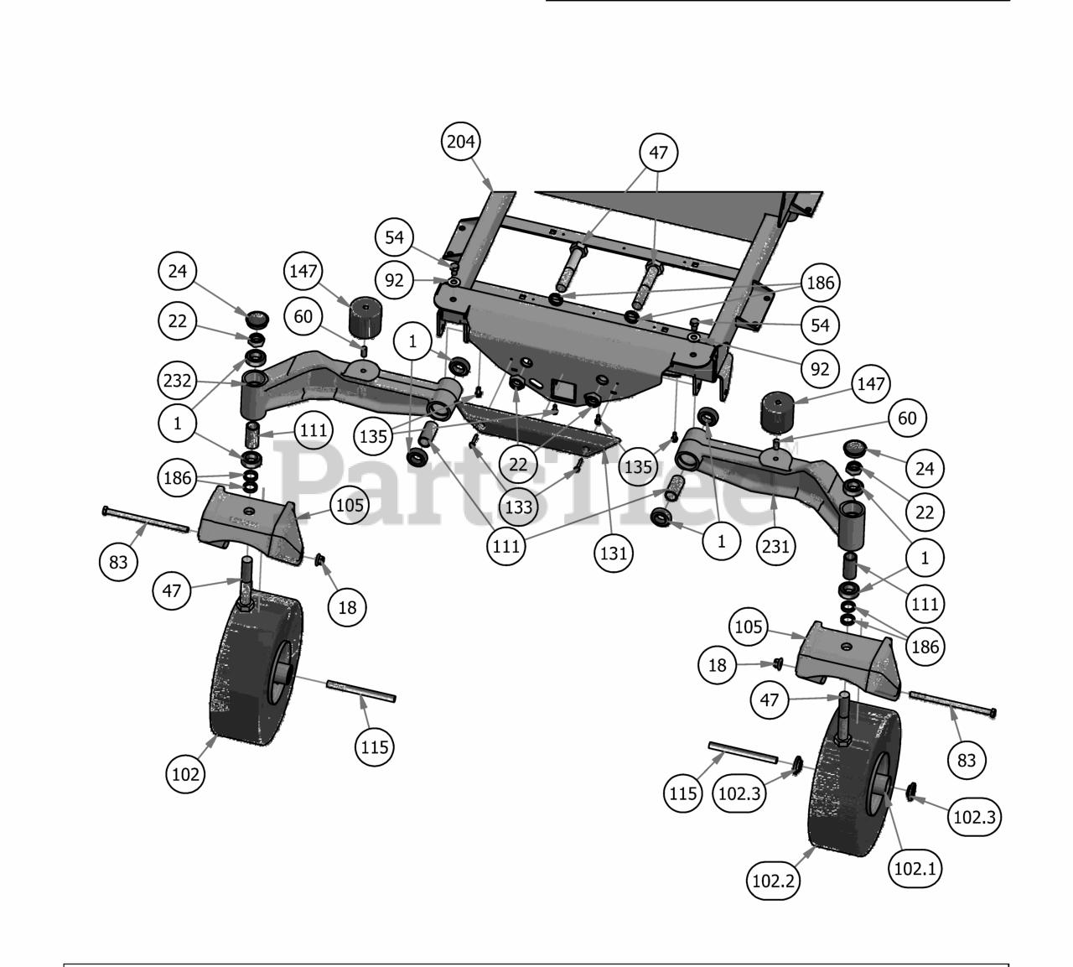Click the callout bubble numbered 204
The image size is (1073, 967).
[x=460, y=141]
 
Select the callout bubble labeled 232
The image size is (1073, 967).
[x=177, y=381]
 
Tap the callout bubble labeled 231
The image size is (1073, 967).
[x=775, y=546]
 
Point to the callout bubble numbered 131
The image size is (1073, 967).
[x=613, y=553]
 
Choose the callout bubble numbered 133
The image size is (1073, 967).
[x=518, y=507]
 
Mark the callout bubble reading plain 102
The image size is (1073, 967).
[x=185, y=774]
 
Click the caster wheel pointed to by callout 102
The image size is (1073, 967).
[x=257, y=669]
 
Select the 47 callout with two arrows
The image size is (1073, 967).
[x=658, y=152]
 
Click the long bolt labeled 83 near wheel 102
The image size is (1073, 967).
[x=146, y=519]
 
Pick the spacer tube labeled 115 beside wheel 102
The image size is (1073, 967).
[x=361, y=690]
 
